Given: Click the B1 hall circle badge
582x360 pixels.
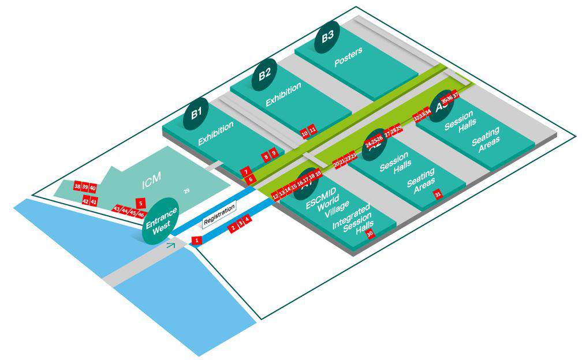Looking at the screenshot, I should pyautogui.click(x=196, y=111).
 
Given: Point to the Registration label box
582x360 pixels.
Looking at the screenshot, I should pyautogui.click(x=219, y=213).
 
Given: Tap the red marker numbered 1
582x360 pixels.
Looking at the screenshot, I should pyautogui.click(x=196, y=240).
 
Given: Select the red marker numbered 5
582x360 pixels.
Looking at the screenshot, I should pyautogui.click(x=140, y=203).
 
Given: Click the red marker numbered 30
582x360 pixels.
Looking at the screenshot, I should pyautogui.click(x=370, y=234).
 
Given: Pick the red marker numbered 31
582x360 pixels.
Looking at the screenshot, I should pyautogui.click(x=438, y=194).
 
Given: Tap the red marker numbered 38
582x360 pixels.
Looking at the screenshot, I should pyautogui.click(x=77, y=186).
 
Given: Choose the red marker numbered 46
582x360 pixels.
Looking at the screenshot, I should pyautogui.click(x=141, y=215).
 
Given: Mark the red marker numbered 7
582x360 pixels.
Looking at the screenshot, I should pyautogui.click(x=246, y=172).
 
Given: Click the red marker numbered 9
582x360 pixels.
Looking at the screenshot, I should pyautogui.click(x=274, y=152).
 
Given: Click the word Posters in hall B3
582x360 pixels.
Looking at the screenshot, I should pyautogui.click(x=348, y=57).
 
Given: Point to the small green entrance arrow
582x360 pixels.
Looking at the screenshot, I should pyautogui.click(x=170, y=246).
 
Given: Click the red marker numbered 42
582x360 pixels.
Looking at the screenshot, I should pyautogui.click(x=85, y=201).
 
